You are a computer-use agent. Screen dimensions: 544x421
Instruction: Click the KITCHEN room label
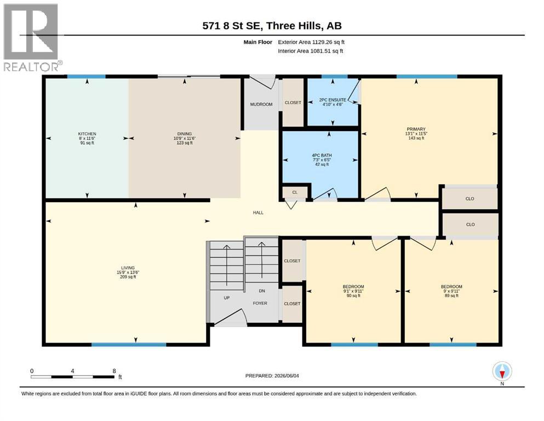point(87,134)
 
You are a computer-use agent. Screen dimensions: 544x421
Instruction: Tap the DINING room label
point(185,134)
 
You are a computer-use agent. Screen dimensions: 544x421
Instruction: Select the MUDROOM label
point(261,104)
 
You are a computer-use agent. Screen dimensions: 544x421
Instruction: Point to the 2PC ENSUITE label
point(333,100)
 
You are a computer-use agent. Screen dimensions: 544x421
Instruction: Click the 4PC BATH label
point(322,156)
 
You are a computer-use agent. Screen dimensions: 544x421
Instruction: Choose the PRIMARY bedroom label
point(416,129)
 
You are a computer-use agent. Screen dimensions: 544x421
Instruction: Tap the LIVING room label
point(128,268)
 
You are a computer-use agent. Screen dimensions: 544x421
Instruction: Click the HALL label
point(258,213)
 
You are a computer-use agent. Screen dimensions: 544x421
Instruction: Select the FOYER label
point(260,303)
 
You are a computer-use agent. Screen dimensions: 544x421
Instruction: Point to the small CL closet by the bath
point(295,192)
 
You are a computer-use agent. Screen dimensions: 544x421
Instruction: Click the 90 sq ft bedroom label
point(353,287)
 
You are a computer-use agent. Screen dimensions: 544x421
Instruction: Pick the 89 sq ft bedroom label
point(452,287)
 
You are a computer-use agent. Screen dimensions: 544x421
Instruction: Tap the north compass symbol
point(502,372)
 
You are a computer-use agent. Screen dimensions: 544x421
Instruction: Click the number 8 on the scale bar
point(114,371)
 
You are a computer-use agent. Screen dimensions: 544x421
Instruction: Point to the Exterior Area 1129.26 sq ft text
point(311,42)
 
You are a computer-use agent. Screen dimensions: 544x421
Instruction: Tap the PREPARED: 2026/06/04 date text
point(272,376)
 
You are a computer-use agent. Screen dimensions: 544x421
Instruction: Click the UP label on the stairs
point(227,298)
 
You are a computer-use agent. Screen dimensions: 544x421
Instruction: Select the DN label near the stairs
point(262,291)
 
